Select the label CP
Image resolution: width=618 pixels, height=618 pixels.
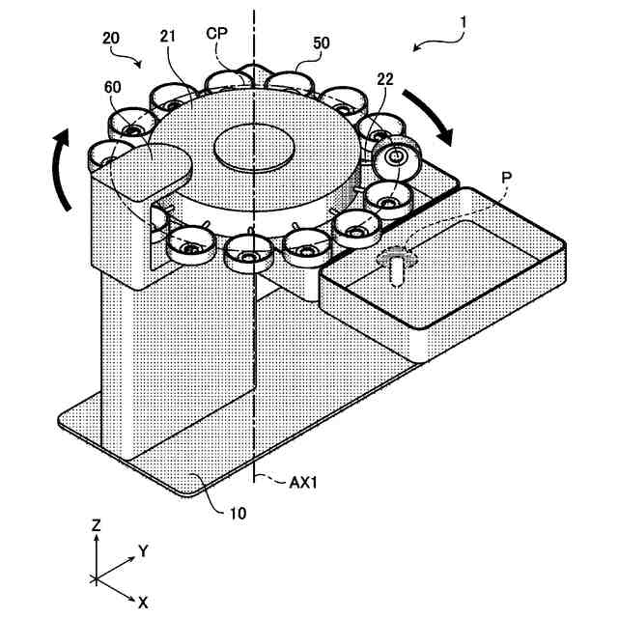pos(217,33)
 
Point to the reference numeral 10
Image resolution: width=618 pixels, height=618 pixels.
pos(237,513)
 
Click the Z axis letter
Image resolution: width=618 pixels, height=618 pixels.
pos(96,525)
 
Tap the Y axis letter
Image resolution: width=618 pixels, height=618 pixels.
pos(142,551)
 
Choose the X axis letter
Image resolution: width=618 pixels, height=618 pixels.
pos(142,602)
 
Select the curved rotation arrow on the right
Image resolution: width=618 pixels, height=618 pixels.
pos(430,116)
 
